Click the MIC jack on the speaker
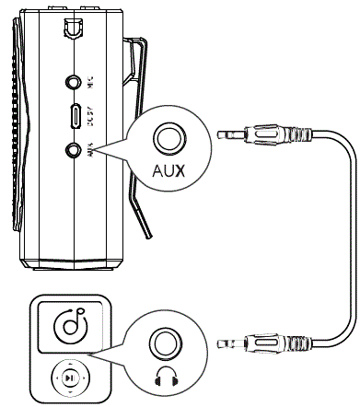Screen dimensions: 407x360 [x=73, y=82]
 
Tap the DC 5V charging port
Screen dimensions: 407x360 [x=73, y=115]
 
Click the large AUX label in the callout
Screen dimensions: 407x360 [x=168, y=171]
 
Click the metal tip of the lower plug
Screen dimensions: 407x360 [x=225, y=345]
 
